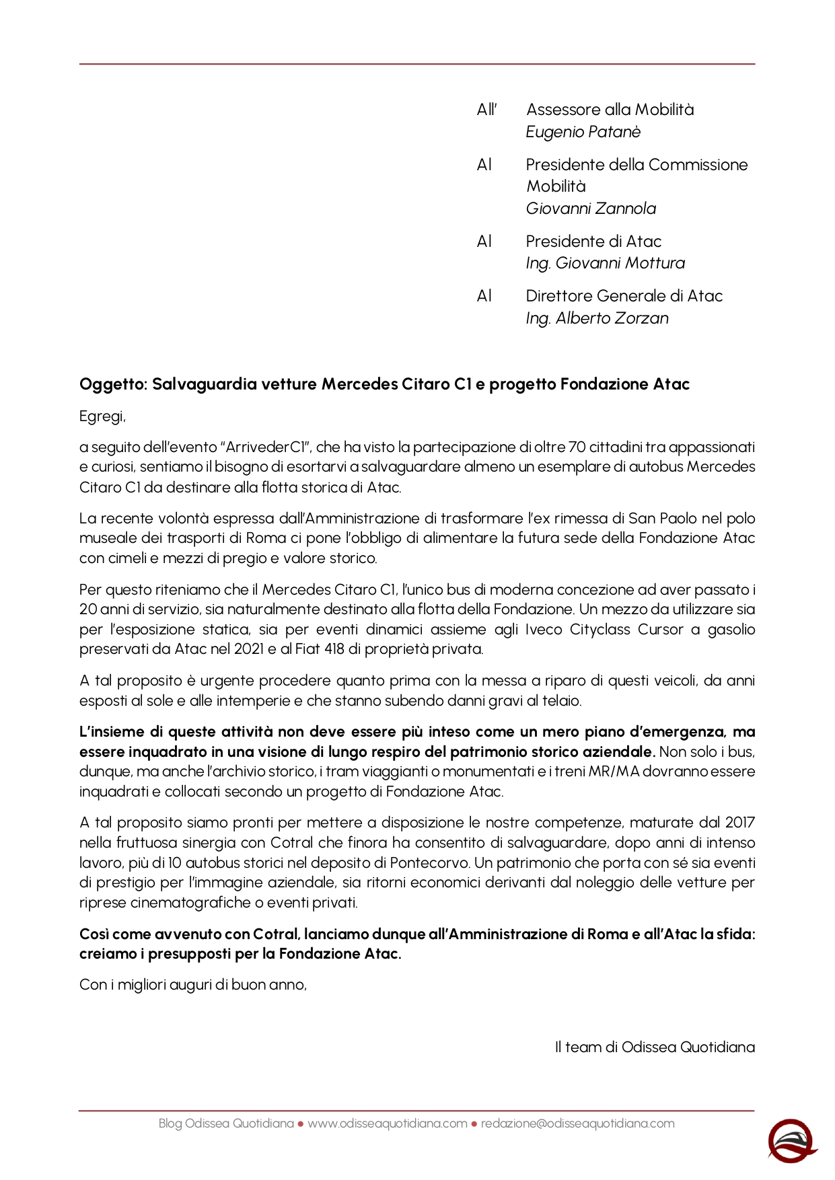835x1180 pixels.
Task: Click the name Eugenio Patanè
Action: (583, 132)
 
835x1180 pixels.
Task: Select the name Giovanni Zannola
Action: (591, 209)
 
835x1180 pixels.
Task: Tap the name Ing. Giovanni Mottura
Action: (605, 263)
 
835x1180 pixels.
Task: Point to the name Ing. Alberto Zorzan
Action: (597, 318)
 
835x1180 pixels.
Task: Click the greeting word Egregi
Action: (102, 416)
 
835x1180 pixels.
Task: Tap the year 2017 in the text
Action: (739, 823)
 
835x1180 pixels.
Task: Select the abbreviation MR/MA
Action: (614, 772)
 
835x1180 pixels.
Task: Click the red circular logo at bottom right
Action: (791, 1141)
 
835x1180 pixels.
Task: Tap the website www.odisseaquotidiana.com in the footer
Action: (387, 1123)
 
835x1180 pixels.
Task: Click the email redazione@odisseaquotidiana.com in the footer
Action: (577, 1123)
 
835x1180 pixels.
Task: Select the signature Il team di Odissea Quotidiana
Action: (655, 1047)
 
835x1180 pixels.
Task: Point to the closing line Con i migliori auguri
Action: (192, 985)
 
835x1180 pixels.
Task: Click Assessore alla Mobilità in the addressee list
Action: (610, 110)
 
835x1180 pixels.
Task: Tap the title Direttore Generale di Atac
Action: (624, 296)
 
